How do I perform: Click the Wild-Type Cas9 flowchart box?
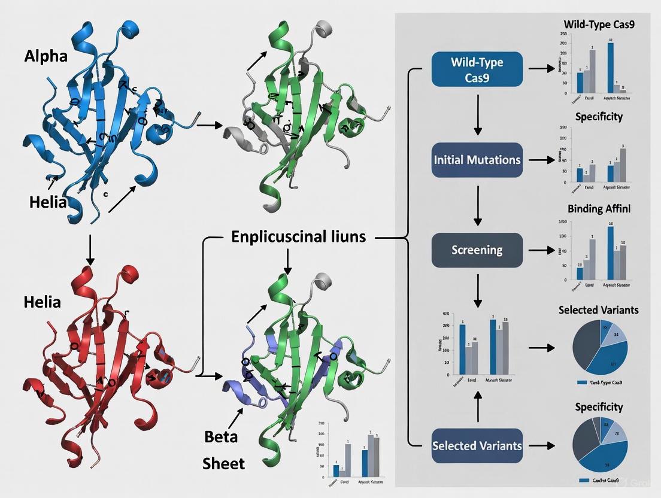tap(477, 69)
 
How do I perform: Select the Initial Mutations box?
tap(477, 160)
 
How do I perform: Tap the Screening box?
tap(477, 250)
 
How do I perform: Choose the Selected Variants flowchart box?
tap(477, 445)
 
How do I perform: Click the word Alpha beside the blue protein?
tap(46, 56)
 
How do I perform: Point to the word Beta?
tap(221, 436)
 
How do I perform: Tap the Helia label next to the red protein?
tap(42, 302)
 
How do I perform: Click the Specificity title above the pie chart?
tap(599, 407)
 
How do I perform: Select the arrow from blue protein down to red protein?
tap(90, 250)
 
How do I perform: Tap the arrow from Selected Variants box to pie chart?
tap(542, 445)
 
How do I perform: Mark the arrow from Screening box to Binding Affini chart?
tap(542, 250)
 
